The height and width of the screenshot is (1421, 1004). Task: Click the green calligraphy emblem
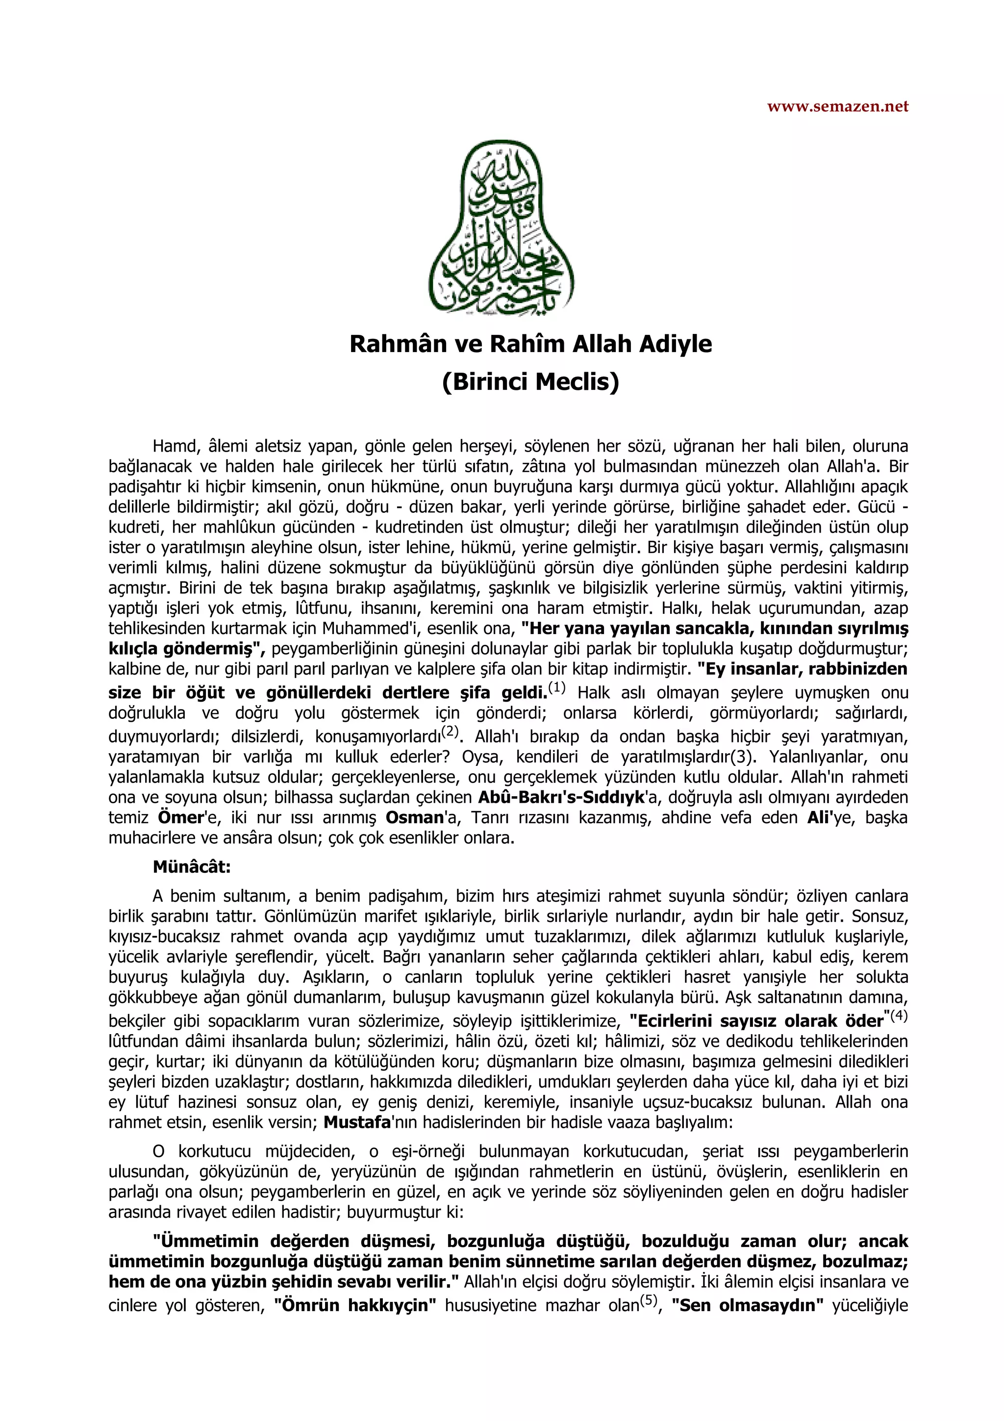tap(502, 228)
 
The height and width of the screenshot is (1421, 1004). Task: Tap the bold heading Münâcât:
tap(192, 867)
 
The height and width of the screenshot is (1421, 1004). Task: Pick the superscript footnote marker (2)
tap(449, 732)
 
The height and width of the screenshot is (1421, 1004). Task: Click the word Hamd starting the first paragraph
tap(175, 446)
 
